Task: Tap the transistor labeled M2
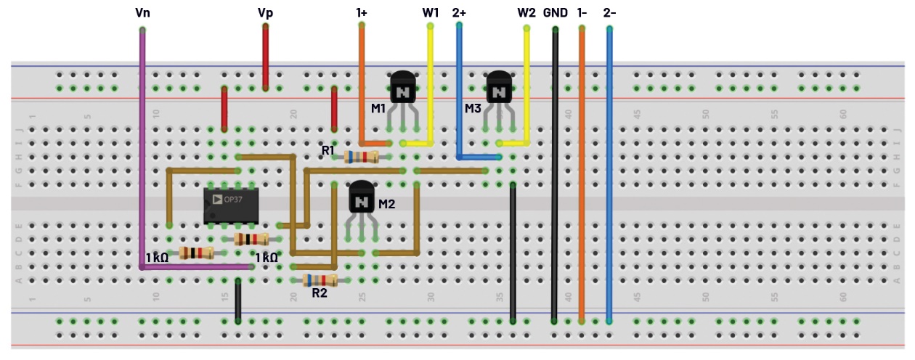(362, 197)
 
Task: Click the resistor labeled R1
(361, 157)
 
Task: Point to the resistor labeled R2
(320, 280)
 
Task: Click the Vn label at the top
(142, 13)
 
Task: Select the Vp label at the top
(266, 13)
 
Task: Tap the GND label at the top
(555, 13)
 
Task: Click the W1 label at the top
(431, 13)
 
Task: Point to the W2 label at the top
(526, 13)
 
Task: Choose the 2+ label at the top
(460, 13)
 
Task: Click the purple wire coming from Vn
(142, 145)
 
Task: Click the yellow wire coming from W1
(431, 80)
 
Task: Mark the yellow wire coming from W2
(527, 80)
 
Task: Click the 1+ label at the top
(362, 13)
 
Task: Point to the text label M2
(386, 204)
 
